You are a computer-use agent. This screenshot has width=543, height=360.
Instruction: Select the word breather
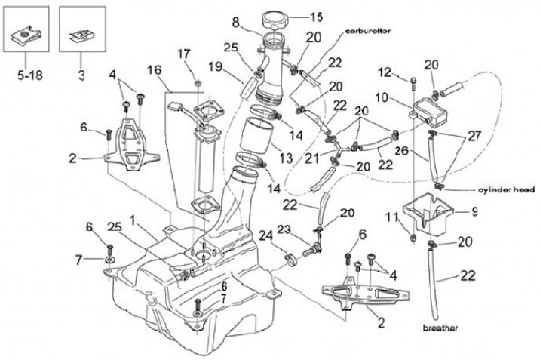(441, 328)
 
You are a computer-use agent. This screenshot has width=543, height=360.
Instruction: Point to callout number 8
(235, 20)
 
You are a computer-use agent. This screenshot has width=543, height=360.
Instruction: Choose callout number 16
(155, 71)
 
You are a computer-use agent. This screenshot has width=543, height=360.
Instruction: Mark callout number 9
(475, 212)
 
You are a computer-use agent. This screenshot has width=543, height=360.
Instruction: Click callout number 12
(385, 72)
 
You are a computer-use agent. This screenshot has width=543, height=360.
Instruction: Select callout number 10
(383, 97)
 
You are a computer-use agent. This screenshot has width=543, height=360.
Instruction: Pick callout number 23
(283, 229)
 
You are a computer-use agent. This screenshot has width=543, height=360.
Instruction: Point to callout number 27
(473, 137)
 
